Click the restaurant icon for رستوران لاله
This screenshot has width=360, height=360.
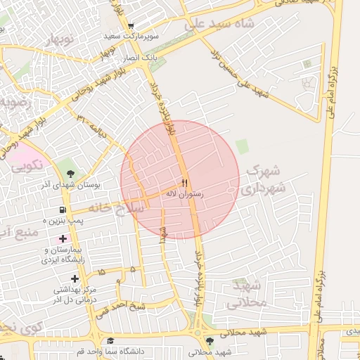184,181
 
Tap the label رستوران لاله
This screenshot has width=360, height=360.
184,192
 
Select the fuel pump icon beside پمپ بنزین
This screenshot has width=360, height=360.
63,210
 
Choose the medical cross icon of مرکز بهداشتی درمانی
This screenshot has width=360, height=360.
75,279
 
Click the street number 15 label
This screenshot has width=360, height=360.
102,271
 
